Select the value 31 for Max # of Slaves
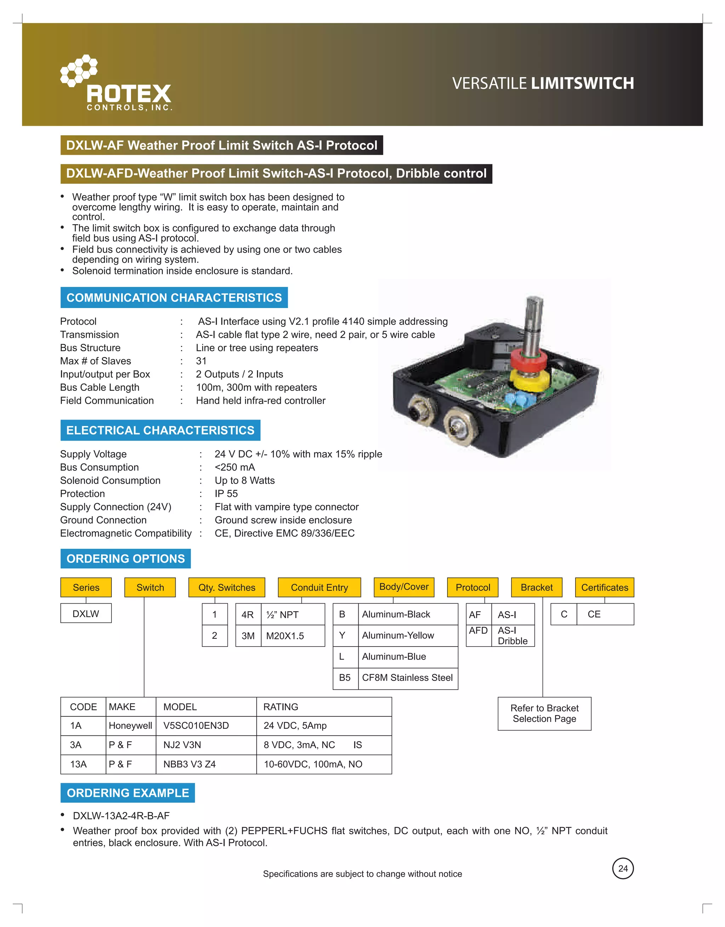click(x=201, y=361)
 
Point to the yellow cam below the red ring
click(x=530, y=379)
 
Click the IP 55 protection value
click(x=226, y=494)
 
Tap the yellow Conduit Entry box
click(x=319, y=587)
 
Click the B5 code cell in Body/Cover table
click(x=345, y=678)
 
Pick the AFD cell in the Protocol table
click(x=478, y=631)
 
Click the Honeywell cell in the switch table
click(x=130, y=726)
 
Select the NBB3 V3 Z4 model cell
click(x=190, y=764)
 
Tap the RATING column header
click(x=281, y=707)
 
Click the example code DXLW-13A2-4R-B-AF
click(x=121, y=816)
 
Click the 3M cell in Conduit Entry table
click(x=248, y=636)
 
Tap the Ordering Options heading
click(x=126, y=559)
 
